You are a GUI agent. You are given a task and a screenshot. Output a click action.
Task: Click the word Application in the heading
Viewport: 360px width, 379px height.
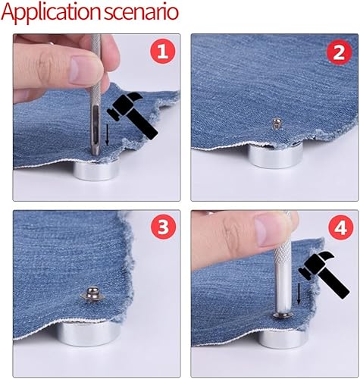tap(52, 13)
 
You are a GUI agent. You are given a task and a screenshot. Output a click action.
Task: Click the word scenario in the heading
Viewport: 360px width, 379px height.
tap(142, 12)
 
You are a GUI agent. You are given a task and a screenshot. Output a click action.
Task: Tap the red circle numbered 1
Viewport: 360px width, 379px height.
tap(163, 52)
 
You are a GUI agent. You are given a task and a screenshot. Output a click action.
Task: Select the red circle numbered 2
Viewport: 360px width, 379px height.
tap(339, 52)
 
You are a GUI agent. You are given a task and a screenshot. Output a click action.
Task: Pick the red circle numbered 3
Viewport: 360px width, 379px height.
tap(163, 227)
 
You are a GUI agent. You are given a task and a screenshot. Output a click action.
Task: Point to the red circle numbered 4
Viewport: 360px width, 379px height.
tap(341, 228)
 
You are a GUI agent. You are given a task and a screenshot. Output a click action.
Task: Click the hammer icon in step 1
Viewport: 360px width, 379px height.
tap(132, 116)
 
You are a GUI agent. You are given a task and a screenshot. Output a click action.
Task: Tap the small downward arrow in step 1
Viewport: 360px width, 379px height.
tap(107, 134)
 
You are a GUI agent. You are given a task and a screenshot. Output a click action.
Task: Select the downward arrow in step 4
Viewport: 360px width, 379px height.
tap(299, 294)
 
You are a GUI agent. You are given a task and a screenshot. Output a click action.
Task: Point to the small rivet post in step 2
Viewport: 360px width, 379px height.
tap(276, 124)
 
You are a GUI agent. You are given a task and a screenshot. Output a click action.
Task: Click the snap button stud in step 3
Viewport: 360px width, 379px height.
tap(92, 294)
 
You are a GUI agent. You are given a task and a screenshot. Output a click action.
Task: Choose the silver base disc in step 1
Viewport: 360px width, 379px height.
tap(96, 171)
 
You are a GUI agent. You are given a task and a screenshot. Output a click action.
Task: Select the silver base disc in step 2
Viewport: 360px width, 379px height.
tap(274, 155)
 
